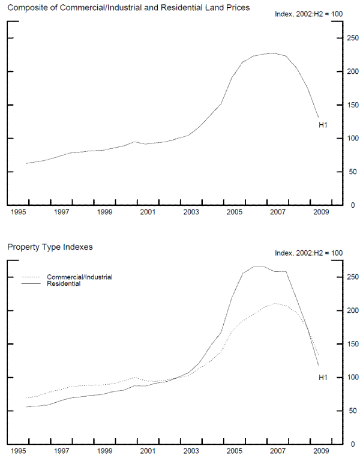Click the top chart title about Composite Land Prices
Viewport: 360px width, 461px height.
(x=128, y=7)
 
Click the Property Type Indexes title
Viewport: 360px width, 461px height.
(x=50, y=246)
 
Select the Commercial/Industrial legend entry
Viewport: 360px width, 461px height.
(x=79, y=277)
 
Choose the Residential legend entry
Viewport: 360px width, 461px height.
(x=64, y=284)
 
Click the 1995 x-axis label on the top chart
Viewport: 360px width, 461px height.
(x=17, y=212)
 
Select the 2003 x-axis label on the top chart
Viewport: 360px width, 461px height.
(x=191, y=212)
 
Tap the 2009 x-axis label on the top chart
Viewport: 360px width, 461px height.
(x=320, y=212)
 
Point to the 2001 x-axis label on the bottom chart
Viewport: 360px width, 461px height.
(x=148, y=451)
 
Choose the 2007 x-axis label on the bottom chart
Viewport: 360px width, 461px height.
(x=277, y=451)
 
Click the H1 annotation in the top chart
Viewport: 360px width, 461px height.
(x=322, y=125)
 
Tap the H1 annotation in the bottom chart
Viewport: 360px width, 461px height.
(x=322, y=377)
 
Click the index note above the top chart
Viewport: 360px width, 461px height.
(x=308, y=14)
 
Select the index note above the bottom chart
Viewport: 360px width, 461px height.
(x=308, y=253)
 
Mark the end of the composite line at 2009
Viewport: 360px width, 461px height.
(x=319, y=118)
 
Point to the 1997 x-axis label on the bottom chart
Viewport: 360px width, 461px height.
(x=61, y=451)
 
